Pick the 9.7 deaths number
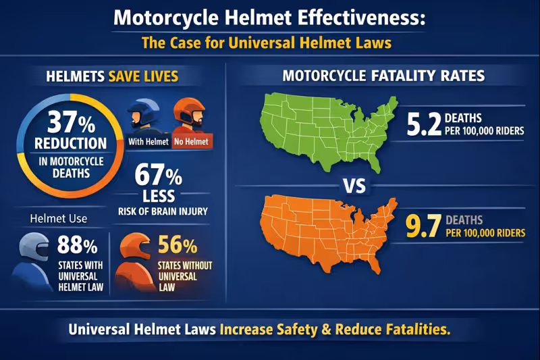423,226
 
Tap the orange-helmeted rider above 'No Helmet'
190,116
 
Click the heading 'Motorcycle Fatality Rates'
383,76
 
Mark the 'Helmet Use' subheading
58,219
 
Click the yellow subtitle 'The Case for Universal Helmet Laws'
267,43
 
